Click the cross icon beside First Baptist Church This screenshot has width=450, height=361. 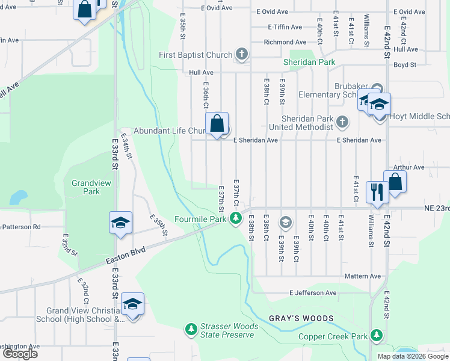(242, 55)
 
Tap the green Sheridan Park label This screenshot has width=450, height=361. (309, 62)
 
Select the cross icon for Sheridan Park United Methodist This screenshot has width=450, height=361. (342, 123)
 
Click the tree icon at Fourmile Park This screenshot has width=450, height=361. (237, 218)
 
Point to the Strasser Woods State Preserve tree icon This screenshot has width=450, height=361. (191, 329)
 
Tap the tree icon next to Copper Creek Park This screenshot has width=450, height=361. (377, 335)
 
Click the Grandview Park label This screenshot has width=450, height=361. (85, 187)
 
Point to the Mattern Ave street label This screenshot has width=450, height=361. (363, 276)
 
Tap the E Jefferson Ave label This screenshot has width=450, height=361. (312, 293)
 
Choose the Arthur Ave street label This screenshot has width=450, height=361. (408, 167)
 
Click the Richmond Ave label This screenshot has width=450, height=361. (285, 42)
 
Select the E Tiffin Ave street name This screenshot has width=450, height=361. (279, 27)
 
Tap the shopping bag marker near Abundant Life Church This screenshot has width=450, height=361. (218, 125)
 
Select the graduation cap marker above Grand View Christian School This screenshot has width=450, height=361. (132, 304)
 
